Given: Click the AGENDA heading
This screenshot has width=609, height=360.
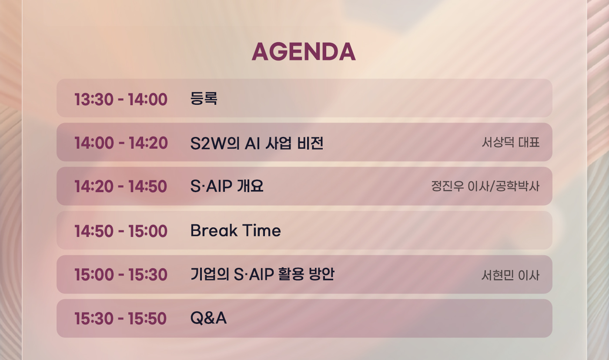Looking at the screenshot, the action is [304, 52].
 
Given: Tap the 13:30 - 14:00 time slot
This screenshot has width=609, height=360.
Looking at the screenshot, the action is [121, 99].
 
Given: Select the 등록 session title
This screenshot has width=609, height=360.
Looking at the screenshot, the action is [204, 98].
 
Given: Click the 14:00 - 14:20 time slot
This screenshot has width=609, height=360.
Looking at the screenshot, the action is [121, 143].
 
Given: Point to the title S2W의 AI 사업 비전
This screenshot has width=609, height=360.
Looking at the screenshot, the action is [257, 143].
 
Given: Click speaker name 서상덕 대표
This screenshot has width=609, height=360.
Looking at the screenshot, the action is [511, 142].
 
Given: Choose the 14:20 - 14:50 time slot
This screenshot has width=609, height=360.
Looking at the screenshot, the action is [121, 187].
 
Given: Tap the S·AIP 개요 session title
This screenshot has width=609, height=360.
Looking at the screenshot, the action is [227, 186].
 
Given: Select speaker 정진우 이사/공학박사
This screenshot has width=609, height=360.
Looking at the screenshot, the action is [485, 186].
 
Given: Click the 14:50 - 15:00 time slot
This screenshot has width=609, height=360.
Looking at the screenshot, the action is [121, 231].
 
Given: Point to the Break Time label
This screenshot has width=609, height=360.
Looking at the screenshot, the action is [235, 230].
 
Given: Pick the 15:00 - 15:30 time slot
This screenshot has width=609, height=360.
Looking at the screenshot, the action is [121, 274].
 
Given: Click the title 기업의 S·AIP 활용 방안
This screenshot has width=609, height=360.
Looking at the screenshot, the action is [262, 274].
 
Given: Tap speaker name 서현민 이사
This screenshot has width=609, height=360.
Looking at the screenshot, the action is [510, 275].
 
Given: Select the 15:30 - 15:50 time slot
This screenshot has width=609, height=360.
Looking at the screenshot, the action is [120, 318].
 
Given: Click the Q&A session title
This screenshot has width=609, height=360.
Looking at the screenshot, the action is [208, 318].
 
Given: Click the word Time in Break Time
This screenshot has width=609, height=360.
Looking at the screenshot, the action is [261, 230].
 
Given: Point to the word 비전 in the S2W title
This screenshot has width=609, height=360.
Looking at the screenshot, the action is [310, 143].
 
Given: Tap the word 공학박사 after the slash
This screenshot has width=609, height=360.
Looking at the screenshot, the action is [518, 186].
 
